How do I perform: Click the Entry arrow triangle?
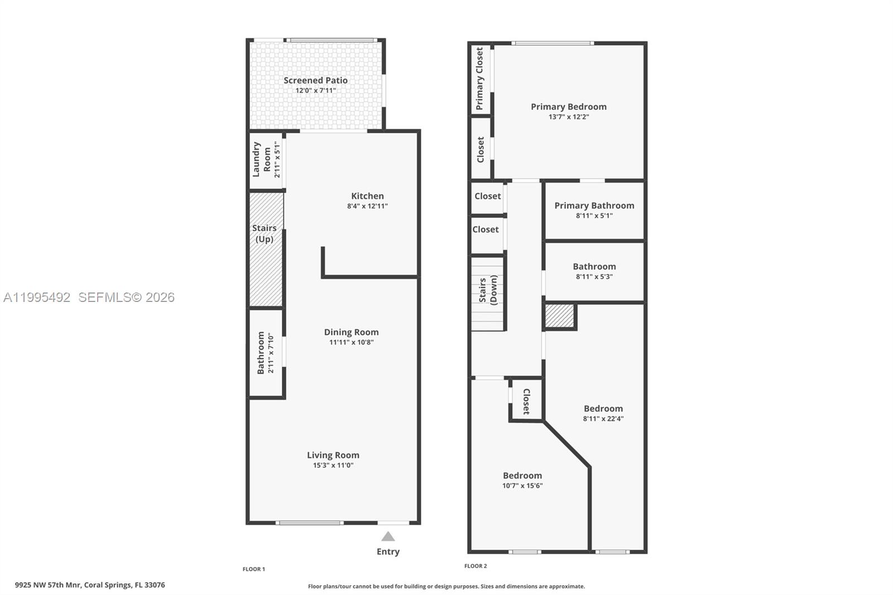pyautogui.click(x=388, y=537)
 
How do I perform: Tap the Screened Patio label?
pyautogui.click(x=315, y=80)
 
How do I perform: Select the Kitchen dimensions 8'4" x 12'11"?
pyautogui.click(x=367, y=206)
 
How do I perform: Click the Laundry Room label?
pyautogui.click(x=261, y=160)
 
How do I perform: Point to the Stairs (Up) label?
pyautogui.click(x=264, y=233)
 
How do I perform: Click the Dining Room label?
pyautogui.click(x=351, y=332)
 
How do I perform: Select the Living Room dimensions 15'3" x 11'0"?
pyautogui.click(x=333, y=465)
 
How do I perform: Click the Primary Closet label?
pyautogui.click(x=479, y=78)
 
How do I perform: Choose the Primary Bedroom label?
pyautogui.click(x=568, y=107)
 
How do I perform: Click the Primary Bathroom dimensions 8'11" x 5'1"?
pyautogui.click(x=594, y=215)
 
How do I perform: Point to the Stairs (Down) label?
pyautogui.click(x=488, y=290)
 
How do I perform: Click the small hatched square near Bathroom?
pyautogui.click(x=559, y=316)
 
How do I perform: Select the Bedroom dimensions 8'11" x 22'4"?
pyautogui.click(x=603, y=419)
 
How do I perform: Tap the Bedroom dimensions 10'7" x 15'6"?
pyautogui.click(x=522, y=486)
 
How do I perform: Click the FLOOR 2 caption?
pyautogui.click(x=476, y=566)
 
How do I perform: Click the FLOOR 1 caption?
pyautogui.click(x=253, y=569)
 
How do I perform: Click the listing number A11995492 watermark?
pyautogui.click(x=37, y=297)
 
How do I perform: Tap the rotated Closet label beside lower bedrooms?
pyautogui.click(x=526, y=401)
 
